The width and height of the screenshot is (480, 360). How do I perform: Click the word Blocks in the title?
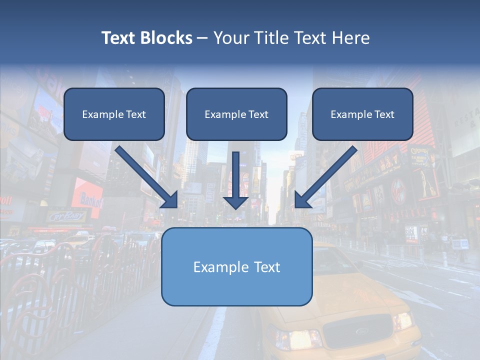[165, 38]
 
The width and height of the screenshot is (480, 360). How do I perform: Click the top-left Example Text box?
[114, 114]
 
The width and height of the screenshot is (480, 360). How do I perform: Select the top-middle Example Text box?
[236, 114]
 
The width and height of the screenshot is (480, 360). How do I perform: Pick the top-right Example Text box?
[362, 114]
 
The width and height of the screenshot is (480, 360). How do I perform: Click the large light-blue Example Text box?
[236, 267]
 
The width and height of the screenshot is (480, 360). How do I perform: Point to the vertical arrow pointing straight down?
[235, 180]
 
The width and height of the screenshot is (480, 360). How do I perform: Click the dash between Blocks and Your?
[202, 38]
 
